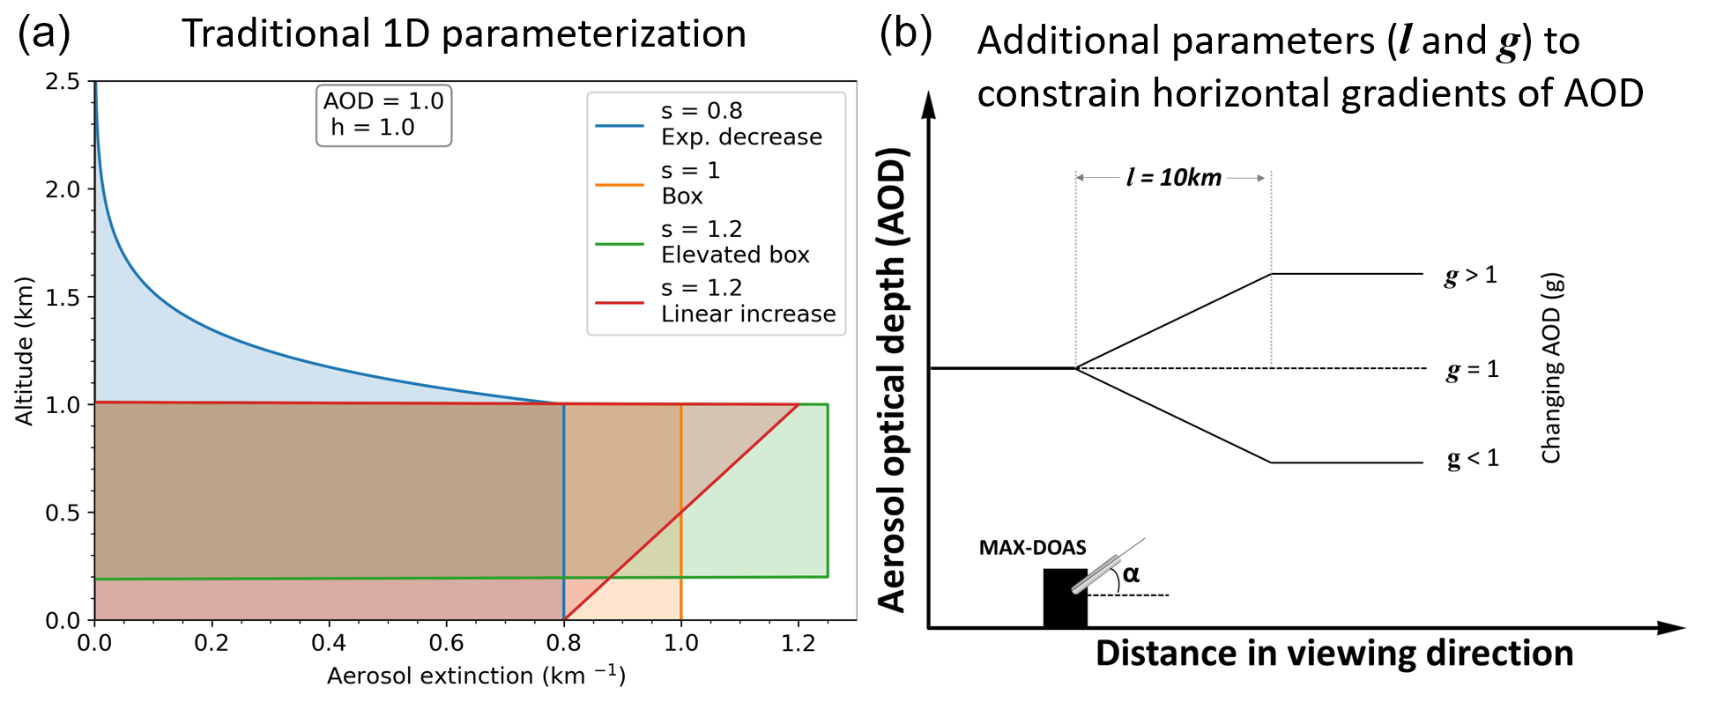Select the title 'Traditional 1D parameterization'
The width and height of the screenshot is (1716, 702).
click(464, 33)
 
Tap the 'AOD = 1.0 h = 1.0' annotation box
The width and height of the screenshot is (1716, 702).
click(383, 115)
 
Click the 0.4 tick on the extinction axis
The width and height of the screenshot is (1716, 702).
click(329, 643)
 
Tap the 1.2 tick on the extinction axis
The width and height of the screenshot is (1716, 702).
click(798, 643)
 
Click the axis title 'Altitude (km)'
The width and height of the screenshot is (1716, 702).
click(24, 351)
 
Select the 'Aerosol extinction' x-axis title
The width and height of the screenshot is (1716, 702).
click(476, 676)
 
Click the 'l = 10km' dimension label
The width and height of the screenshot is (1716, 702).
click(1173, 178)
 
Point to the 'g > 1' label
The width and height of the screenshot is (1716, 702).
click(1470, 276)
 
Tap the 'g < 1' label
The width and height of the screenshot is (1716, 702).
click(1472, 459)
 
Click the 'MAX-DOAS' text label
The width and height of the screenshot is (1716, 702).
click(1032, 548)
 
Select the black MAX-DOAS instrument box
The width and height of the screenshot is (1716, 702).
click(1065, 599)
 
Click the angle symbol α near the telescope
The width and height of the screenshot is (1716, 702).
click(1131, 574)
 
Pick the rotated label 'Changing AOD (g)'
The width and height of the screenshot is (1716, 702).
click(1551, 367)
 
